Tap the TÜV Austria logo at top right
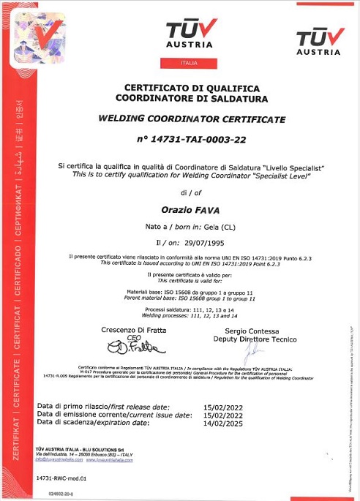pos(318,42)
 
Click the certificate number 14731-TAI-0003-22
pos(192,139)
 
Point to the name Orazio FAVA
pos(191,210)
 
